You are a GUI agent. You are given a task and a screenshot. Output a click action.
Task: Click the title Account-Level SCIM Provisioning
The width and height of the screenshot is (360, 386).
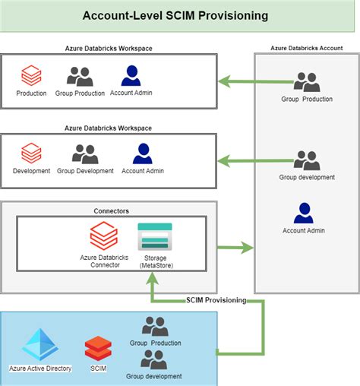pyautogui.click(x=179, y=15)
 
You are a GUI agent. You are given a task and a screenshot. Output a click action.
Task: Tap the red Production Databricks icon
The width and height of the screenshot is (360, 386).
pyautogui.click(x=31, y=76)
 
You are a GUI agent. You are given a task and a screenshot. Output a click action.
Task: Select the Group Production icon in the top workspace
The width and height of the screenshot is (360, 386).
pyautogui.click(x=80, y=76)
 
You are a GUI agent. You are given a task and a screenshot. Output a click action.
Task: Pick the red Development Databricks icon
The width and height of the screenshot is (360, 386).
pyautogui.click(x=31, y=154)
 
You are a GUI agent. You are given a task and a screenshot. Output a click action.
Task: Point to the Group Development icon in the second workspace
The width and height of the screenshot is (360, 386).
pyautogui.click(x=85, y=154)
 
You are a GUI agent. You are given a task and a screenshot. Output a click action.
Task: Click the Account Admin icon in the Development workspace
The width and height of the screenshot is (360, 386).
pyautogui.click(x=144, y=154)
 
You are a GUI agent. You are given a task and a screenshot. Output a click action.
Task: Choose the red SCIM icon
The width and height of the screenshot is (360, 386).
pyautogui.click(x=98, y=349)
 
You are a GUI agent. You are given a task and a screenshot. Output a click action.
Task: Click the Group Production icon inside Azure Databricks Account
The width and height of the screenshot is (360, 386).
pyautogui.click(x=306, y=82)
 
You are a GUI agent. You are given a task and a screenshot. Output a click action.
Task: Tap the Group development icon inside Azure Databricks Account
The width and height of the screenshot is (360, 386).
pyautogui.click(x=306, y=160)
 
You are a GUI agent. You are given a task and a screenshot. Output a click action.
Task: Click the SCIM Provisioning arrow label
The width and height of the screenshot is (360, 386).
pyautogui.click(x=216, y=301)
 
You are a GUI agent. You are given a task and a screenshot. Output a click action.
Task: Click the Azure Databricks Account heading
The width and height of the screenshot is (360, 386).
pyautogui.click(x=306, y=48)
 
